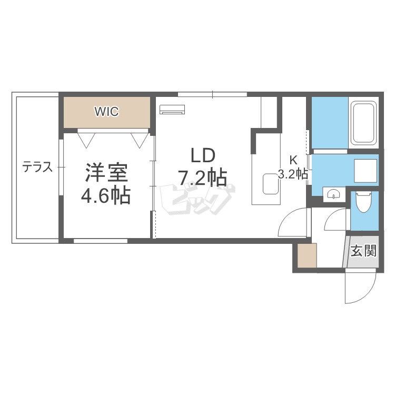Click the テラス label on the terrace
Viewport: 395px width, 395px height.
pos(37,167)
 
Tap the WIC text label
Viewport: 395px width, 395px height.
pos(107,112)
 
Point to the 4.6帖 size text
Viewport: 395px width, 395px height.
pos(106,196)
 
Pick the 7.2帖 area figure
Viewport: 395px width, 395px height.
pos(203,178)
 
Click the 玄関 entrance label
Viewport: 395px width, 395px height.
pos(364,251)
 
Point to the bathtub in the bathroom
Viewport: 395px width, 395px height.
pos(363,124)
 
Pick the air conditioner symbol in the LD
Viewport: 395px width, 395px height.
pos(172,109)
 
